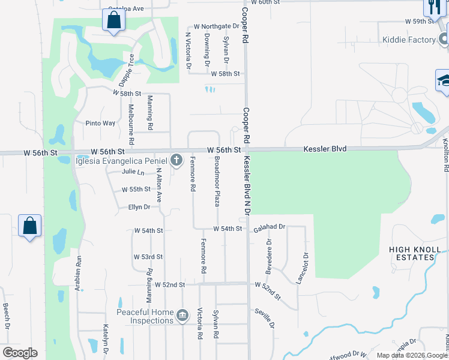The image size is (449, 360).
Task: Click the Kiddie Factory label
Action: [408, 40]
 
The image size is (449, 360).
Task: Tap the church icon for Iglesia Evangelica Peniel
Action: [176, 160]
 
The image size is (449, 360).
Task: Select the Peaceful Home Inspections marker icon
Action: [183, 314]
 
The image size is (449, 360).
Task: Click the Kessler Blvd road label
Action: [325, 148]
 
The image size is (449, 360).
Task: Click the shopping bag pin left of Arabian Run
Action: [29, 227]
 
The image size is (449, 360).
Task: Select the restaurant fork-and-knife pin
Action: [433, 7]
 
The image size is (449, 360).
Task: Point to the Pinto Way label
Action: [100, 123]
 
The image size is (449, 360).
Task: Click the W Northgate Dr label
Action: [216, 26]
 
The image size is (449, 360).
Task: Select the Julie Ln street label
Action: [133, 172]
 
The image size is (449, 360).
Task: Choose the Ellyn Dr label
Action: [139, 207]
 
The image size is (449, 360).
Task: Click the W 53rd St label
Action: [148, 257]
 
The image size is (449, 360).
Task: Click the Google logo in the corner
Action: [20, 353]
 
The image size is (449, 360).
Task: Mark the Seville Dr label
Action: [265, 317]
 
